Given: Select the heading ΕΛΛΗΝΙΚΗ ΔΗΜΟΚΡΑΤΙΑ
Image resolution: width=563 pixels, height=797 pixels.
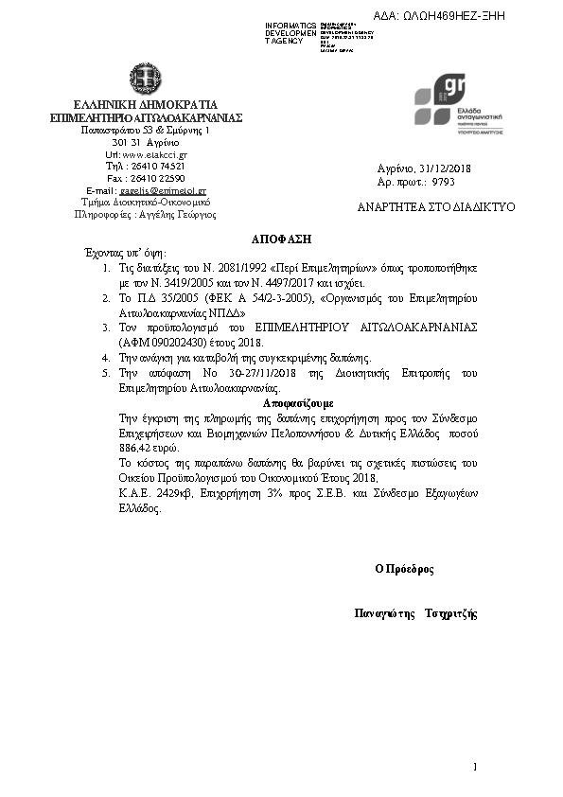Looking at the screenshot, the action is tap(147, 104).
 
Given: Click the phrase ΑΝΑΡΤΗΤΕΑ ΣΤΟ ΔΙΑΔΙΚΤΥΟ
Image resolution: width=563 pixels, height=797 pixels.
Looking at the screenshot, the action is tap(435, 206).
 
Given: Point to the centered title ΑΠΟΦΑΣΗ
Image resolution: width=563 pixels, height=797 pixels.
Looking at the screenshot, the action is tap(281, 239).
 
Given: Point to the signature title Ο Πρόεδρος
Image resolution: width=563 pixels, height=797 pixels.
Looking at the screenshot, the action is tap(403, 569).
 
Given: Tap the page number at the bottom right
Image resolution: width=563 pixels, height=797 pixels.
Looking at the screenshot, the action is tap(475, 765).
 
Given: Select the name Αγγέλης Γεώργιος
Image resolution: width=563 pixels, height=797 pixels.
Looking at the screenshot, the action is tap(177, 215).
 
